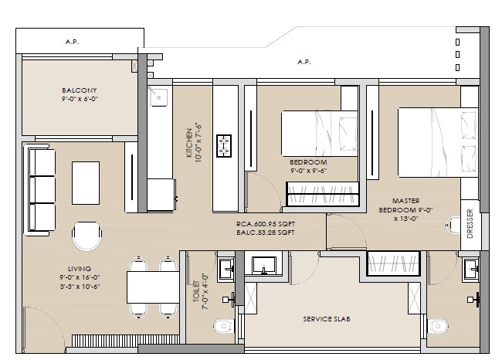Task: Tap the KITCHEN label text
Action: pos(188,140)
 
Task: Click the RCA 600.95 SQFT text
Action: pos(266,224)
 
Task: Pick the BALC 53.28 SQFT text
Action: pos(266,233)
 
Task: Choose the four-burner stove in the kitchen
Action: pos(226,144)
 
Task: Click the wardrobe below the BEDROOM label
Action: pos(323,196)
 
